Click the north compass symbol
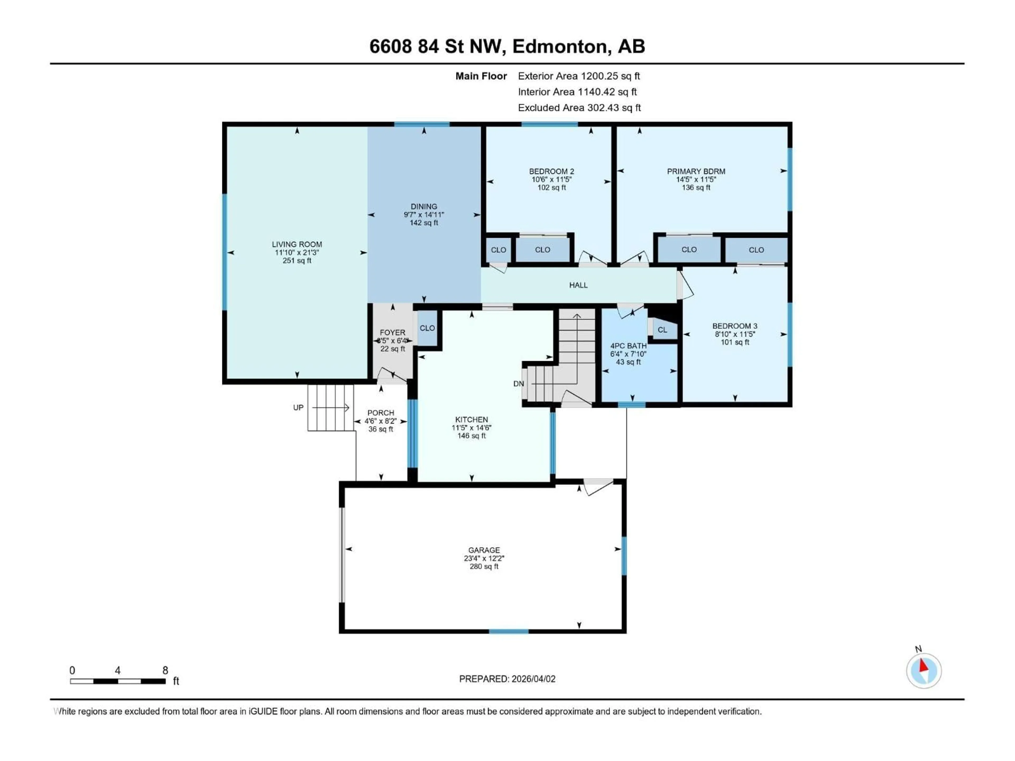pyautogui.click(x=924, y=671)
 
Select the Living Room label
pyautogui.click(x=297, y=244)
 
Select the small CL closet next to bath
pyautogui.click(x=662, y=330)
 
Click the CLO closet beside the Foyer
pyautogui.click(x=427, y=328)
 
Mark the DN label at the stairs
pyautogui.click(x=518, y=383)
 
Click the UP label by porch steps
pyautogui.click(x=298, y=407)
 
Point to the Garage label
pyautogui.click(x=484, y=550)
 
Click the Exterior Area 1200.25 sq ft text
pyautogui.click(x=579, y=76)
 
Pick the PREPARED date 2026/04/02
pyautogui.click(x=507, y=679)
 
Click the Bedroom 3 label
pyautogui.click(x=735, y=326)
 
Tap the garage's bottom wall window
pyautogui.click(x=508, y=632)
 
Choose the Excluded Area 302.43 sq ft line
pyautogui.click(x=579, y=108)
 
